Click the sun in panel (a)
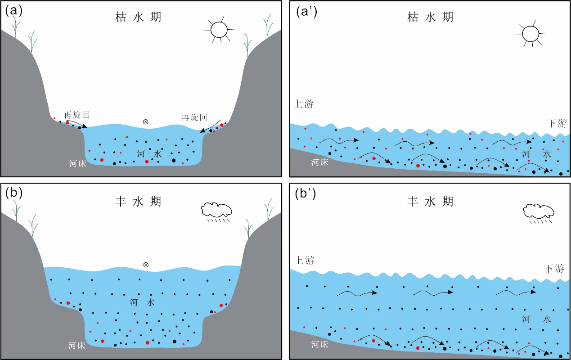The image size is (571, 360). [x=220, y=29]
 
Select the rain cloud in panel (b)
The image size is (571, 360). [x=216, y=209]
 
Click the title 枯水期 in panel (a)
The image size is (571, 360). [x=138, y=17]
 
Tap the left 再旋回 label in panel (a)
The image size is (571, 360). [x=77, y=115]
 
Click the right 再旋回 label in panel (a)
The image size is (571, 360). [x=194, y=118]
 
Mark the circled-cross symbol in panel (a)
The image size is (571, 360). [x=145, y=121]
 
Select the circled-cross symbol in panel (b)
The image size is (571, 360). [x=145, y=265]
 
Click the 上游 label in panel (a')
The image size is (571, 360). [x=303, y=104]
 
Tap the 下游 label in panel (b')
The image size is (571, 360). [x=553, y=269]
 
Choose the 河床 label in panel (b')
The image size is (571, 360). [x=319, y=345]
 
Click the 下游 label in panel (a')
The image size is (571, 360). [x=556, y=123]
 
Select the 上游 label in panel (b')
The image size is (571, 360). [x=304, y=261]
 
